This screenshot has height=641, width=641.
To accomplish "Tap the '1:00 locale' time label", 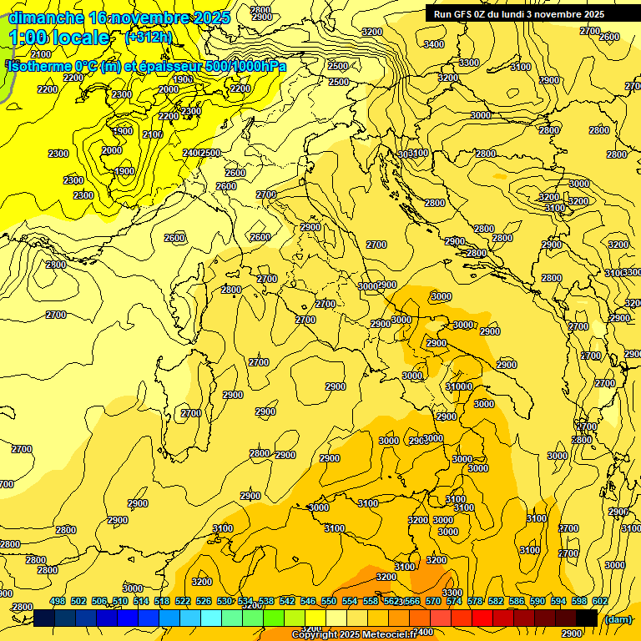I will [x=58, y=38].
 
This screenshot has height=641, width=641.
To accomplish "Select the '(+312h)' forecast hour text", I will [x=149, y=38].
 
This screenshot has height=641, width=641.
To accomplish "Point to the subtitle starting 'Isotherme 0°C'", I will [x=146, y=66].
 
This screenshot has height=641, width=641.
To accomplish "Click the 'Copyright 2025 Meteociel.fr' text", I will [x=354, y=634].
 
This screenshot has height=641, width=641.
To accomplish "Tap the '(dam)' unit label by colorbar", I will [x=618, y=618].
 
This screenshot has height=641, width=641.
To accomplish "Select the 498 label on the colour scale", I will [x=58, y=601].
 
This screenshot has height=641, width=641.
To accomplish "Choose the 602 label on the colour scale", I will [x=599, y=601].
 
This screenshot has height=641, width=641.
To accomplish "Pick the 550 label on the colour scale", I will [x=329, y=601].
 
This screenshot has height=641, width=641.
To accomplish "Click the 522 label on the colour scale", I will [x=183, y=601].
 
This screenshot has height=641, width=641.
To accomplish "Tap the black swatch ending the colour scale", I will [x=586, y=618].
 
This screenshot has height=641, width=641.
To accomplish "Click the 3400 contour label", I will [x=434, y=44].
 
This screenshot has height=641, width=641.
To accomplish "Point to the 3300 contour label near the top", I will [x=469, y=63].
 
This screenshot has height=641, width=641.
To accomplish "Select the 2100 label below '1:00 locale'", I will [x=40, y=54].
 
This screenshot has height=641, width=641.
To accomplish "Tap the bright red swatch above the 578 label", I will [x=482, y=618].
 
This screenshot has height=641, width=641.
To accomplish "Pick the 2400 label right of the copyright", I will [x=423, y=632].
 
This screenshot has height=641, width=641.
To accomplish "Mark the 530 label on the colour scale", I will [x=225, y=601].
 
